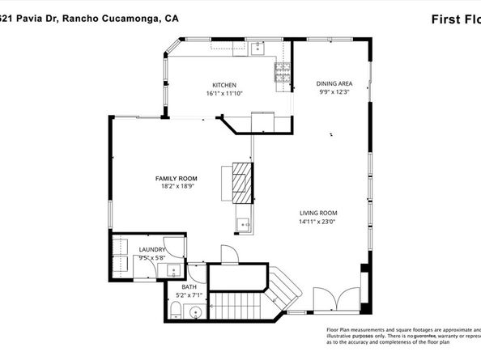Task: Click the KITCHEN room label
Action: tap(224, 85)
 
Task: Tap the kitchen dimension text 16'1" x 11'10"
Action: tap(224, 93)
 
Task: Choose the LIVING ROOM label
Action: tap(318, 212)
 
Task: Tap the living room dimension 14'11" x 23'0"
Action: tap(318, 220)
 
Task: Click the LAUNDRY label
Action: tap(152, 250)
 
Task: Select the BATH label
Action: tap(189, 287)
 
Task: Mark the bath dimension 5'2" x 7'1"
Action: tap(189, 295)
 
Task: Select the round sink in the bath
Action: tap(195, 311)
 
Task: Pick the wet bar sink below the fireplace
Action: tap(243, 223)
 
